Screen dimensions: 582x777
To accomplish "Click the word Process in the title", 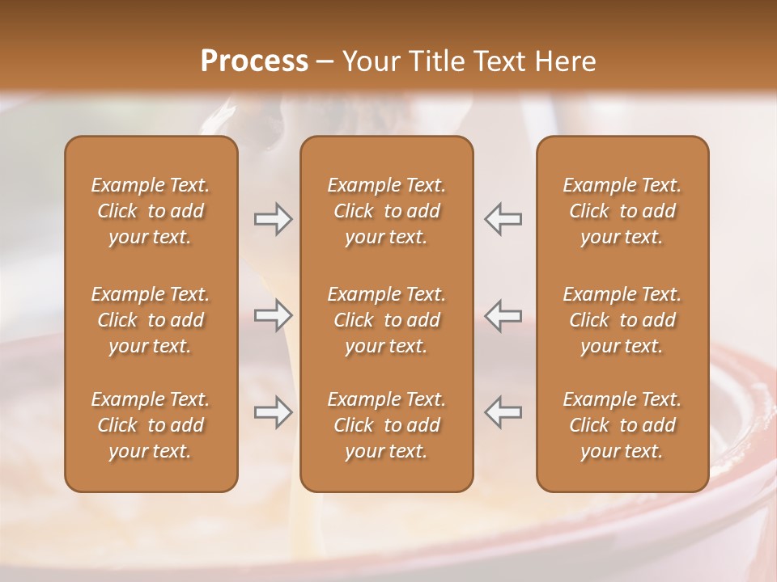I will tap(254, 61).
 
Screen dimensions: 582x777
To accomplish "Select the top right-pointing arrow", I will tap(274, 219).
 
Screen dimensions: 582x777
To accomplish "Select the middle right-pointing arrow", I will tap(274, 315).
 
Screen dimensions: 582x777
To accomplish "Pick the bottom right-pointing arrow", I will tap(274, 412).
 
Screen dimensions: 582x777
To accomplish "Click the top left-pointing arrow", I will tap(503, 219).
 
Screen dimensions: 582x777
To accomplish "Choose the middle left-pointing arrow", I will tap(503, 315).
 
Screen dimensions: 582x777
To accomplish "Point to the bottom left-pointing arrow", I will tap(503, 412).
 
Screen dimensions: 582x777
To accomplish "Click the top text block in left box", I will tap(151, 211).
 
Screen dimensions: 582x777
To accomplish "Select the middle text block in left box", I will tap(151, 320).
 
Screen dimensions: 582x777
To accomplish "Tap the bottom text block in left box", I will tap(151, 425).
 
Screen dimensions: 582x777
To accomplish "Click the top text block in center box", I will tap(387, 211).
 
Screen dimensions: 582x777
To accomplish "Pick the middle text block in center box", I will tap(387, 320).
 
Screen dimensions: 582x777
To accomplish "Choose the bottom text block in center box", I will tap(387, 425).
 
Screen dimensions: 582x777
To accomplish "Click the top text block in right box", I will tap(622, 211).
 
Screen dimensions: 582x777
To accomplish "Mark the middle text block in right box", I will tap(622, 320).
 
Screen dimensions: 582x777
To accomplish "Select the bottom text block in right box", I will tap(622, 425).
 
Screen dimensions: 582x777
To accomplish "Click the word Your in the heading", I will tap(368, 61).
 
